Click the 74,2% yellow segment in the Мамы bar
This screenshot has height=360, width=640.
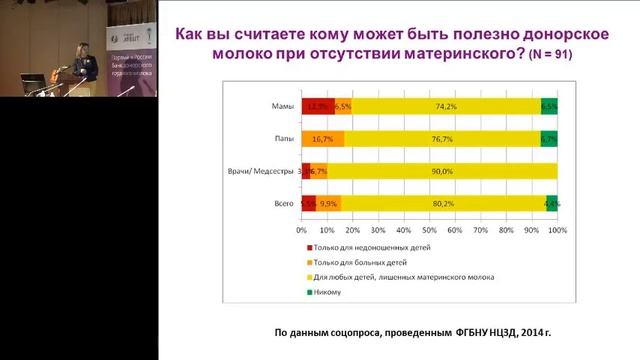(446, 106)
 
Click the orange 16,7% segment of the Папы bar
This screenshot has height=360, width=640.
(323, 139)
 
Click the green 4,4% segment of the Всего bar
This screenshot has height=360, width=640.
(551, 203)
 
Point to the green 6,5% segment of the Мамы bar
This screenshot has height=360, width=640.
(549, 106)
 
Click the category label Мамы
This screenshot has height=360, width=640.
(283, 106)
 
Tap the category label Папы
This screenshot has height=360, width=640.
(284, 139)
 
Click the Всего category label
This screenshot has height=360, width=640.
(283, 203)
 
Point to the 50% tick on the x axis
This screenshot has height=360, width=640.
(429, 230)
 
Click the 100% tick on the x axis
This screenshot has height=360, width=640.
(557, 230)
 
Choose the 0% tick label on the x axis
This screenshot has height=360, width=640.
(302, 230)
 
